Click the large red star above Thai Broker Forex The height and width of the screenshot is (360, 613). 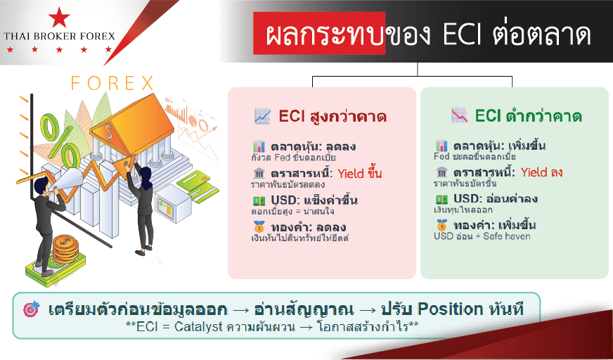tap(59, 17)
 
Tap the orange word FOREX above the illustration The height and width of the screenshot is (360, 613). tap(112, 83)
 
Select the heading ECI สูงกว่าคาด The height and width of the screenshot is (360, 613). tap(333, 117)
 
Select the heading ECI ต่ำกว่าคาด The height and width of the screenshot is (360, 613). tap(528, 116)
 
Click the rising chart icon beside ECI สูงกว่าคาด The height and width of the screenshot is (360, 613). tap(262, 116)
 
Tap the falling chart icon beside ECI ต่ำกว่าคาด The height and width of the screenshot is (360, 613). tap(459, 116)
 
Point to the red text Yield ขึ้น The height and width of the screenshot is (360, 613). tap(360, 174)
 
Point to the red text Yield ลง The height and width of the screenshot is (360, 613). tap(541, 172)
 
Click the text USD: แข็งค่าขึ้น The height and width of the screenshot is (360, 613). tap(314, 200)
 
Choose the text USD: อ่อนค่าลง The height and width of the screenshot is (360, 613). tap(496, 198)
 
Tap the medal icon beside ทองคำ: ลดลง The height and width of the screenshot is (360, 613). tap(259, 226)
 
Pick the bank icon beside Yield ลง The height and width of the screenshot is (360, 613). tap(441, 172)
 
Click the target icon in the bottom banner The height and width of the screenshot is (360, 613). tap(32, 309)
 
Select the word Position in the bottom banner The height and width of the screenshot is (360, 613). tap(451, 309)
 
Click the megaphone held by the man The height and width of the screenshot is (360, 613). tap(67, 181)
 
